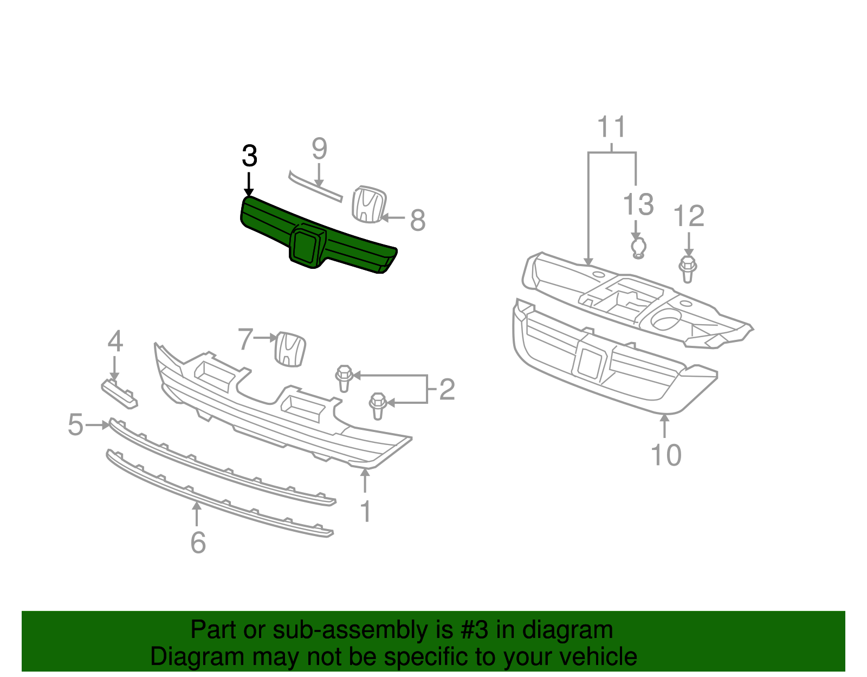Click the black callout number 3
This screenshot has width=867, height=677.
pos(249,156)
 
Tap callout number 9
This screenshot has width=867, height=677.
pos(319,149)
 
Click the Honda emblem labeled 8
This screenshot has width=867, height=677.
pos(368,204)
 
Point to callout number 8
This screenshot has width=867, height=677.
pos(417,220)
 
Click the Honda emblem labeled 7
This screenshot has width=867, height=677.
pos(291,349)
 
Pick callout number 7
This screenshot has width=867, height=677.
pos(245,339)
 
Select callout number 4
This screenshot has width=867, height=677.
pos(115,341)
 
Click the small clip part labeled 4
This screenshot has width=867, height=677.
pos(120,393)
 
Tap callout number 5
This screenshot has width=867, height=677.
pos(76,424)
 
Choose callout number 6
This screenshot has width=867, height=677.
pos(198,542)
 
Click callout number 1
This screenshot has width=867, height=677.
pos(366,511)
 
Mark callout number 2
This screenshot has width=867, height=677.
pos(447,389)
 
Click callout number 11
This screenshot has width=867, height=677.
pos(612,127)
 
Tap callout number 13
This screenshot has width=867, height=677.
pos(638,204)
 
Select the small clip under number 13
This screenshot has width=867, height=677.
pos(639,248)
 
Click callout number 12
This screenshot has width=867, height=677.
pos(689,216)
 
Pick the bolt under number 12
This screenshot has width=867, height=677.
pos(688,269)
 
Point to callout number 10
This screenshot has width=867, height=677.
pos(666,455)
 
